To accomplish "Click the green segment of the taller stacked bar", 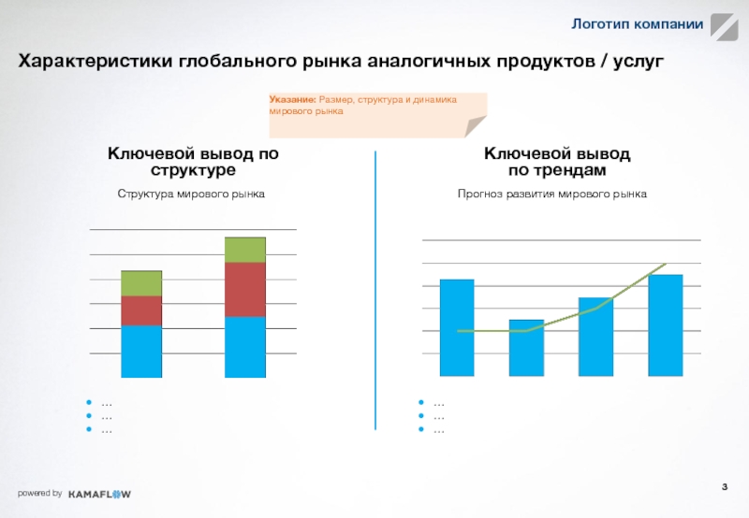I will coord(245,250).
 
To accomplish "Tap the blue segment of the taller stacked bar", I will coord(245,347).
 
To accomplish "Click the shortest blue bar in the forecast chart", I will coord(526,348).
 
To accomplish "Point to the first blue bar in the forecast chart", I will coord(457,327).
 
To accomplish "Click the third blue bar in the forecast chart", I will coord(595,337).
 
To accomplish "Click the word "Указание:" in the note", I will coord(292,99).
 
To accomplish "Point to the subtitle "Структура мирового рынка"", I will coord(191,194).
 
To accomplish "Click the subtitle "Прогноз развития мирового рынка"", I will coord(552,194).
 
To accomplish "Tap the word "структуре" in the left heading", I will coord(192,171).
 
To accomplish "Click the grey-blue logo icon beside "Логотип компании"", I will coord(723,27).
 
